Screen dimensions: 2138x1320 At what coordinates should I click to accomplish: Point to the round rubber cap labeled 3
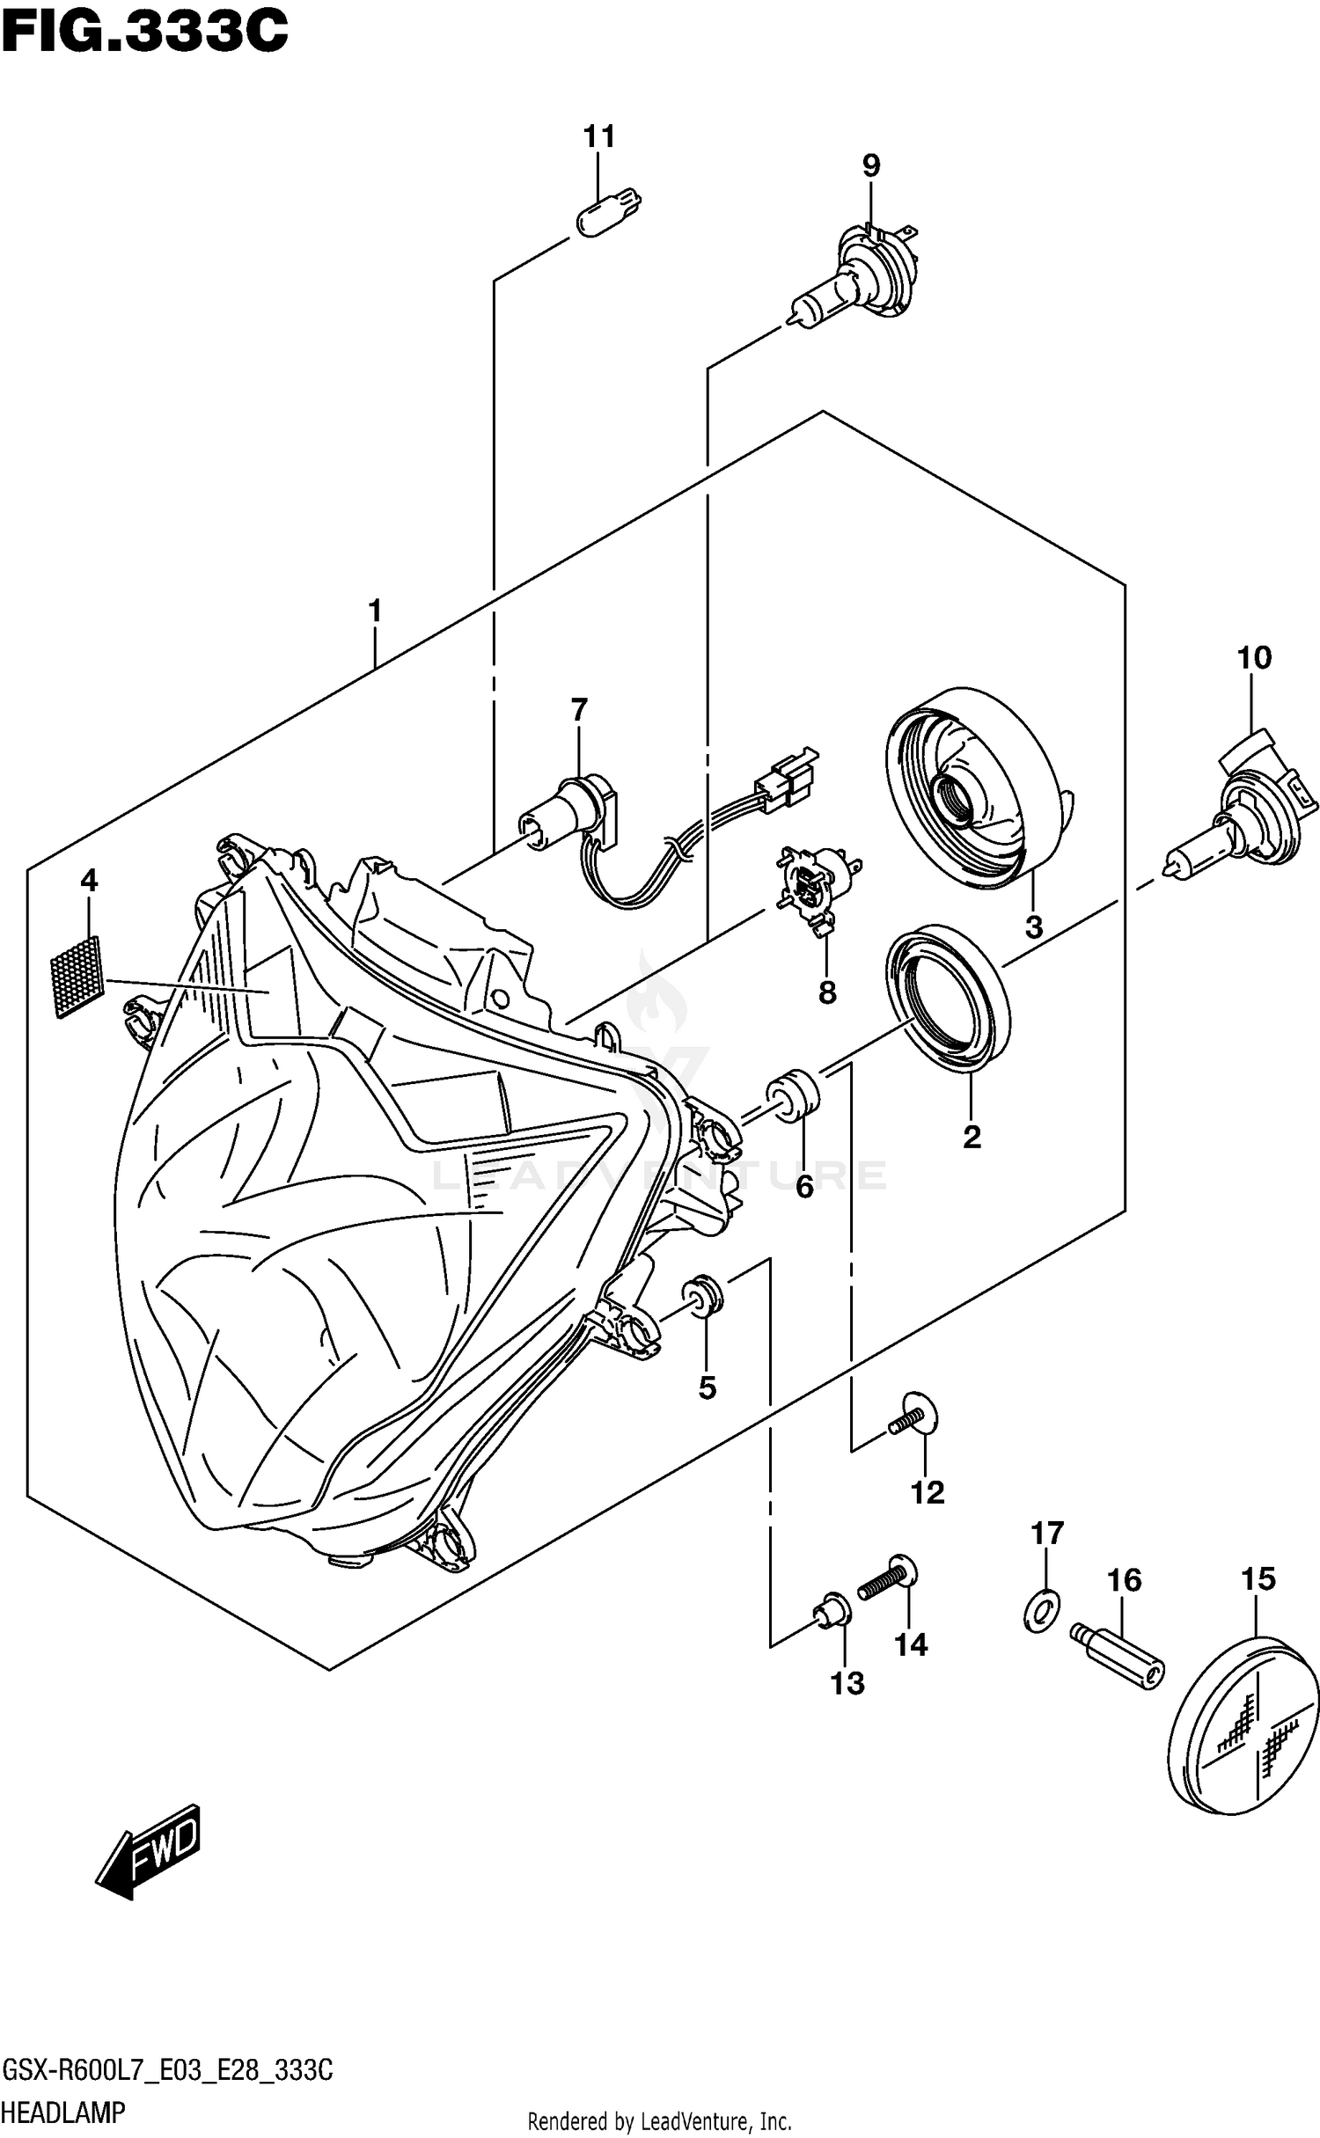pyautogui.click(x=972, y=788)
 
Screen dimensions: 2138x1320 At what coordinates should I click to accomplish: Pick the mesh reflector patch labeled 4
pyautogui.click(x=78, y=976)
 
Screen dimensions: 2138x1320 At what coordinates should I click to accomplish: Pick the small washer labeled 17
pyautogui.click(x=1042, y=1611)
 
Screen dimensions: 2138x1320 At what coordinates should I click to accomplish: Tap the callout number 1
pyautogui.click(x=375, y=611)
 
